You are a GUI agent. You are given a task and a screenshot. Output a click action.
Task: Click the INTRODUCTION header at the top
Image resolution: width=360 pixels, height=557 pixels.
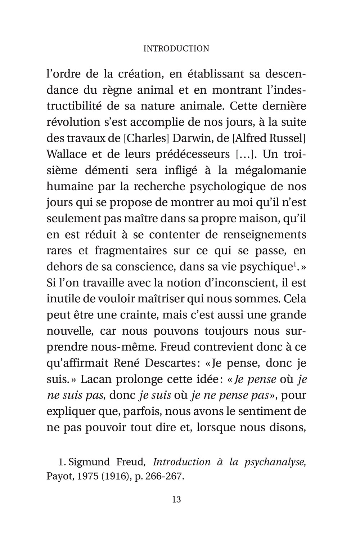(x=176, y=49)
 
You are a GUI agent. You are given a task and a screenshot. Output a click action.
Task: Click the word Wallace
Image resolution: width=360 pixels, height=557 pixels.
(x=67, y=155)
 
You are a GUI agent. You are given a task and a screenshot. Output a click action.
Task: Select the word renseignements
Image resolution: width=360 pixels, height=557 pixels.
(x=264, y=235)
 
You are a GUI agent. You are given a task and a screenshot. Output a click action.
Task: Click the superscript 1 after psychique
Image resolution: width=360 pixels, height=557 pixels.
(x=294, y=264)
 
